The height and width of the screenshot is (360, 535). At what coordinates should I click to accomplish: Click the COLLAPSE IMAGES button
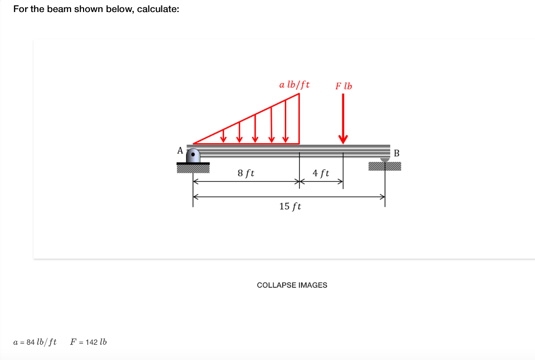[292, 285]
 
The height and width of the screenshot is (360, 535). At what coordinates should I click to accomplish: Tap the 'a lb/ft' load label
[294, 84]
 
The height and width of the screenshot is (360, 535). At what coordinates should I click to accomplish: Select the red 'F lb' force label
[343, 86]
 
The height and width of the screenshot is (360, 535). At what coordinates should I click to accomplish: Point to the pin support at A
[193, 156]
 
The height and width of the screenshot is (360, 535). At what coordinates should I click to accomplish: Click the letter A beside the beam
[180, 150]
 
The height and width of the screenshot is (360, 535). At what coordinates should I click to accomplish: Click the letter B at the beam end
[396, 153]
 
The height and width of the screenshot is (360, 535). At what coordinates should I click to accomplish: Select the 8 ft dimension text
[246, 172]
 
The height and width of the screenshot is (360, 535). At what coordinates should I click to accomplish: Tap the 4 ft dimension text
[321, 172]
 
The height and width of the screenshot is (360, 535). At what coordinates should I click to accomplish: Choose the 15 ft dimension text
[290, 206]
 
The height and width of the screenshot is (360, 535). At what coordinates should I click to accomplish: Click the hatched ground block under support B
[385, 167]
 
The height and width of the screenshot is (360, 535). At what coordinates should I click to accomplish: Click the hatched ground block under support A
[193, 168]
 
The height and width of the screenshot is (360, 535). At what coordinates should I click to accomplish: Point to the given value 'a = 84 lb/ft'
[34, 342]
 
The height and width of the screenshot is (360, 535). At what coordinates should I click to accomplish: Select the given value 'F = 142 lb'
[88, 342]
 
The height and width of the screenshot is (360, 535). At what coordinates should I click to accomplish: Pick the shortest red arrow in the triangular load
[224, 136]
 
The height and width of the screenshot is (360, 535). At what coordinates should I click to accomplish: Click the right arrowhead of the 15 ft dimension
[382, 197]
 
